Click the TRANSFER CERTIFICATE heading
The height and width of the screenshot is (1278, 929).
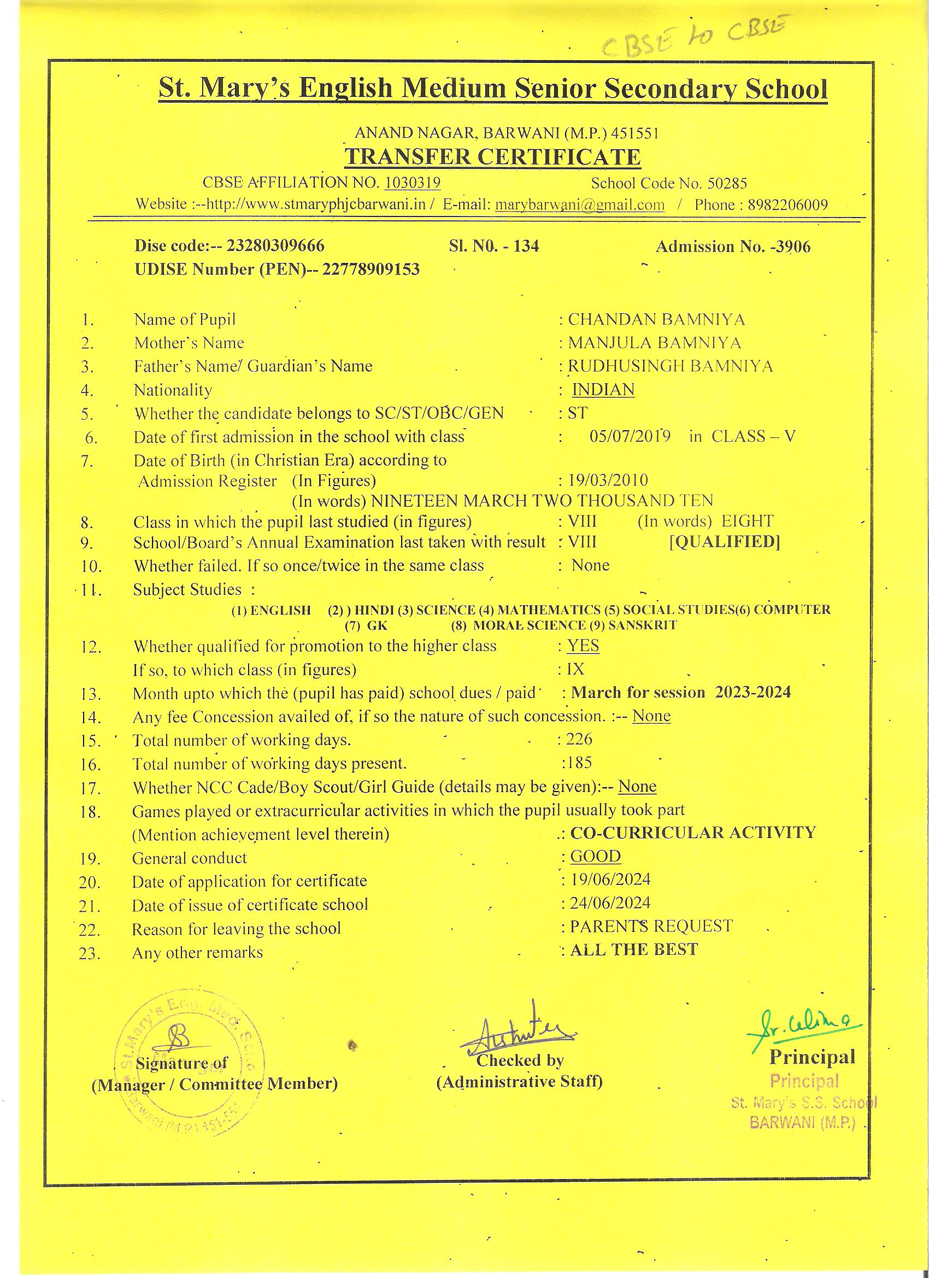[492, 157]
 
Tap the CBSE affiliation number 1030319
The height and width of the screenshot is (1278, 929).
[413, 183]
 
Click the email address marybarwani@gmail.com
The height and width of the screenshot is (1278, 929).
[579, 205]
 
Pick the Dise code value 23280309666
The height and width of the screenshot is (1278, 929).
[275, 245]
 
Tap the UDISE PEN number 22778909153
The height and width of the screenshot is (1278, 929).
[371, 269]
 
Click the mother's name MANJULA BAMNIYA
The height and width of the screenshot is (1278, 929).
[654, 343]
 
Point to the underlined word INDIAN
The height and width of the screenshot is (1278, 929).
[603, 390]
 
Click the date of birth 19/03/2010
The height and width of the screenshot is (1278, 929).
[608, 480]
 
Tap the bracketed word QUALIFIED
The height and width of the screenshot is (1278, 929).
[724, 542]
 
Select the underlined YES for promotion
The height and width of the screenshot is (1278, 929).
[583, 646]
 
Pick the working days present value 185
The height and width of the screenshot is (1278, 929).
[579, 763]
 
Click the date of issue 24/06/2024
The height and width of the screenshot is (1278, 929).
[610, 903]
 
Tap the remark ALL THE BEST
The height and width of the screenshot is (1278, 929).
[634, 950]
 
